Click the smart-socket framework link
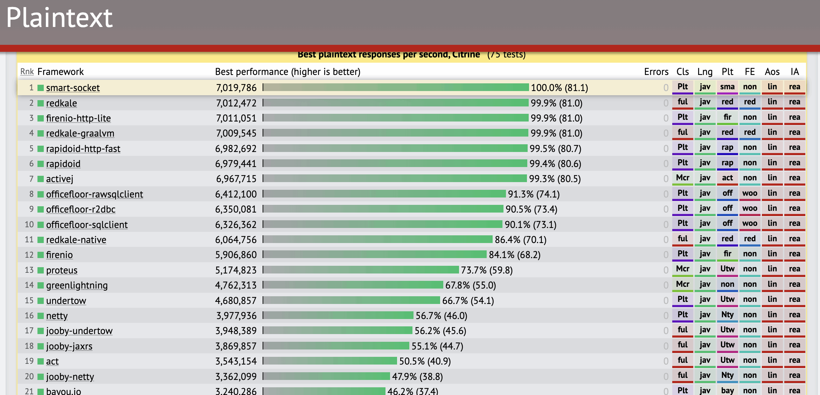(73, 88)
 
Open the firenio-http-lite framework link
(78, 118)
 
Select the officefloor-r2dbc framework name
(81, 209)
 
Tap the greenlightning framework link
(77, 285)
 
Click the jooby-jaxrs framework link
(69, 346)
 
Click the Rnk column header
(27, 72)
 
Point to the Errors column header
(656, 72)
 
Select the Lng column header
(704, 72)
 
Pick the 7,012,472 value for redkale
(236, 103)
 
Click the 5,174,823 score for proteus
(236, 270)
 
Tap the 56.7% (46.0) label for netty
(441, 316)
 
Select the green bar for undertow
(351, 300)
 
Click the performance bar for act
(330, 361)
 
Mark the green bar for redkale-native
(377, 240)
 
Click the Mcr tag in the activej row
(682, 178)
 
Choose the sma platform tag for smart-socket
(727, 87)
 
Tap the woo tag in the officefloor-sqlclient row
(750, 223)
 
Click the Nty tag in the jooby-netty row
(727, 375)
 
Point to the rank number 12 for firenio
(29, 255)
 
